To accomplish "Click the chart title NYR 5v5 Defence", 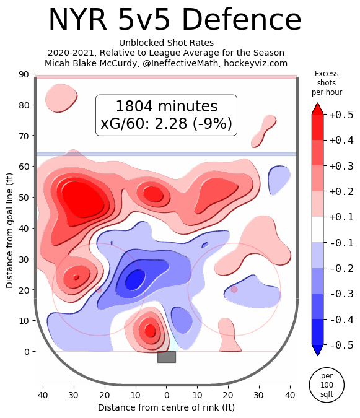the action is (x=175, y=20).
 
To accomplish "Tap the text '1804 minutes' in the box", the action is (x=167, y=106).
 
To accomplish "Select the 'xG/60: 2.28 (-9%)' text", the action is (x=167, y=123).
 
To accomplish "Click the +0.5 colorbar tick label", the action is (x=341, y=115).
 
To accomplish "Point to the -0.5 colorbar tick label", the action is (x=341, y=345).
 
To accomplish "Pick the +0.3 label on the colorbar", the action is (x=341, y=166).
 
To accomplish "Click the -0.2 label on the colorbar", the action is (x=341, y=268).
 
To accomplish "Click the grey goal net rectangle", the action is (x=167, y=357).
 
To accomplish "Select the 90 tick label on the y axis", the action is (x=24, y=74).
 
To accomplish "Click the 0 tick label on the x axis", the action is (x=167, y=395).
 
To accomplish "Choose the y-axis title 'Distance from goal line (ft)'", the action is (x=9, y=230).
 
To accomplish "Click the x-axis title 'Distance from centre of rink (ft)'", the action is (x=167, y=407).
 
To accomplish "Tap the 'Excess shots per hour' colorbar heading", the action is (x=327, y=82).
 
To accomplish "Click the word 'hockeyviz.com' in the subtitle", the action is (x=255, y=63).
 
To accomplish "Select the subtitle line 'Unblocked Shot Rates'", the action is (x=166, y=43).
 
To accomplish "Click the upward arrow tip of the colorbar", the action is (x=317, y=103).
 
